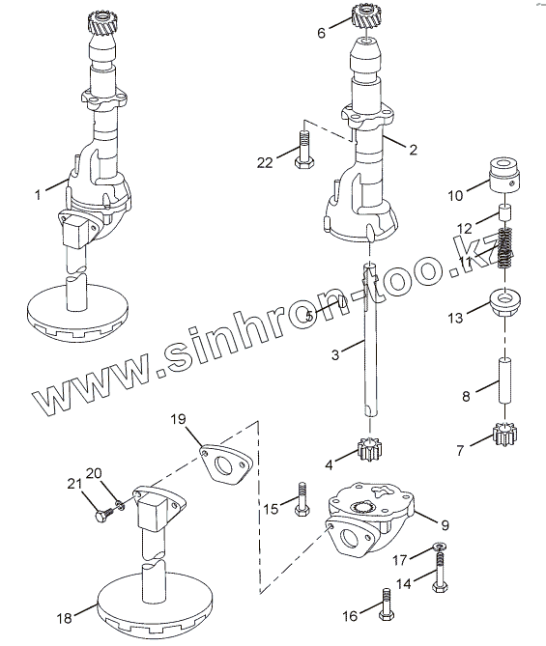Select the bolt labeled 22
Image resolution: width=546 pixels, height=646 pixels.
click(x=303, y=149)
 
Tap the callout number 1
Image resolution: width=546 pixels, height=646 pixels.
click(x=38, y=194)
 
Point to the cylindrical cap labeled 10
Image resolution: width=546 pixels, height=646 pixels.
click(x=504, y=174)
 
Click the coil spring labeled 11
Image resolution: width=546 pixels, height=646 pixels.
click(x=504, y=247)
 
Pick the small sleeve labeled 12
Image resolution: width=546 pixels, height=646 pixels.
click(x=505, y=213)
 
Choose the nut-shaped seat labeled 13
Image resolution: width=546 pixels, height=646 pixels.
click(x=504, y=301)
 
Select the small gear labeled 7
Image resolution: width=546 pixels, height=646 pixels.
click(x=504, y=435)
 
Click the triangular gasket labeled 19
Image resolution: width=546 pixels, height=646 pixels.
click(x=226, y=463)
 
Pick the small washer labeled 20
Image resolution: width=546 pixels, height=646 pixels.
click(x=120, y=504)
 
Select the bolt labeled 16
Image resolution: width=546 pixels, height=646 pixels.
click(x=386, y=604)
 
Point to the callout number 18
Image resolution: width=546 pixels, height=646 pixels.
click(x=65, y=618)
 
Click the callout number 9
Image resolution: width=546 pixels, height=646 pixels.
click(x=445, y=525)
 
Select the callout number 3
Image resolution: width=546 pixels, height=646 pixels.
click(x=335, y=354)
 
